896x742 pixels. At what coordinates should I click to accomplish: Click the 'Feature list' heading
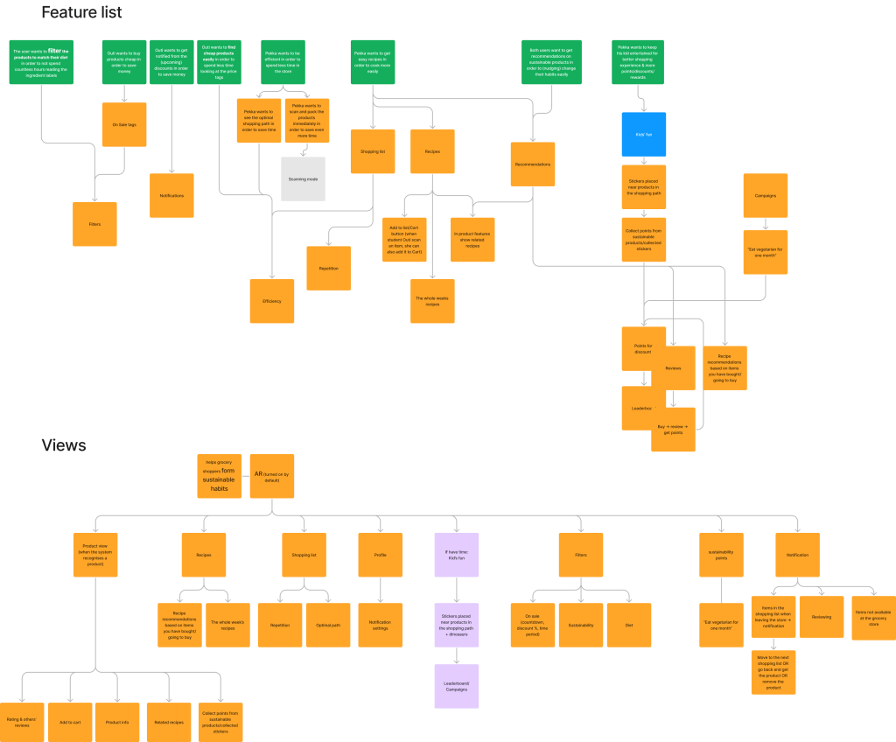tap(81, 13)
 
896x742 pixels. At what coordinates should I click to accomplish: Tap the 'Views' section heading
tap(64, 445)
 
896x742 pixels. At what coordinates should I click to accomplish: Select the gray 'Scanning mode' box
tap(303, 178)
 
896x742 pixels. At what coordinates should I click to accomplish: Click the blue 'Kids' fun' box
tap(644, 135)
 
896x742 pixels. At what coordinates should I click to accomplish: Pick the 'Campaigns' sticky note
tap(765, 196)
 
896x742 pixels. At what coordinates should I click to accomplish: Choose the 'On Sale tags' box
tap(124, 124)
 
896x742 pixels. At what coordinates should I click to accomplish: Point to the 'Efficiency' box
tap(272, 301)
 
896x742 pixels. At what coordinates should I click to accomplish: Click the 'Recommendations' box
tap(533, 164)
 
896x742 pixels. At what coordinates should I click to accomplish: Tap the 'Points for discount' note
tap(643, 348)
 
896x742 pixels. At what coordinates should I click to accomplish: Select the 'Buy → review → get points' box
tap(673, 429)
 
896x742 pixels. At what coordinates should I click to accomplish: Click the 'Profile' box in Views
tap(380, 555)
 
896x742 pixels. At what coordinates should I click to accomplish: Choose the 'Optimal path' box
tap(328, 625)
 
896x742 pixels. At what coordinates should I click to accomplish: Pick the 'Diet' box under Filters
tap(629, 625)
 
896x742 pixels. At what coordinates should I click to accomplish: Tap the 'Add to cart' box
tap(71, 722)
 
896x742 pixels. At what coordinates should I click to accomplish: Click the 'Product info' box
tap(117, 722)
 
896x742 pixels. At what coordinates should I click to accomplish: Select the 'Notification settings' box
tap(380, 625)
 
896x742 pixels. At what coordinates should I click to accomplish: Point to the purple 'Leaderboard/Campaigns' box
tap(457, 686)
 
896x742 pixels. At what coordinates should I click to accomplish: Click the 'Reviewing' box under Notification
tap(822, 617)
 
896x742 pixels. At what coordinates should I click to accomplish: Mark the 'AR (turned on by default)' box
tap(271, 476)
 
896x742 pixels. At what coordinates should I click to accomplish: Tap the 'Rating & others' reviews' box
tap(23, 722)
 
